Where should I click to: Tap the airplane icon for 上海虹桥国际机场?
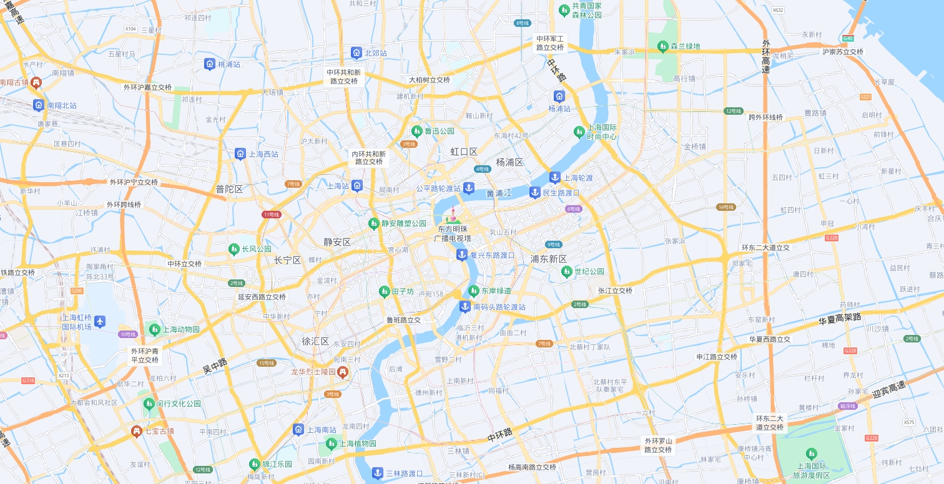[100, 321]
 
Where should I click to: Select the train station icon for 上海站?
[356, 185]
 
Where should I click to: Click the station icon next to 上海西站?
[240, 154]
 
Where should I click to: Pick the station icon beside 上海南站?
[298, 429]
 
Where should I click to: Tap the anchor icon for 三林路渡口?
[377, 473]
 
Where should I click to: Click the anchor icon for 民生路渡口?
[534, 192]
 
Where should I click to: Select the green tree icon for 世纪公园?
[566, 271]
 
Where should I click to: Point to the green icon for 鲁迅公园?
[416, 131]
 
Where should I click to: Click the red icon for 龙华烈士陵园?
[343, 372]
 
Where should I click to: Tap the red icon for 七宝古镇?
[136, 431]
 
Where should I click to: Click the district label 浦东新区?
[548, 259]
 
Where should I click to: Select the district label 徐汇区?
[315, 341]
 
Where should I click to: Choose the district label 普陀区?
[229, 189]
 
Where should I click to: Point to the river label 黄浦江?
[499, 193]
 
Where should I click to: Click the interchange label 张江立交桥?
[615, 291]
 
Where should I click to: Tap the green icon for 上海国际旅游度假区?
[812, 453]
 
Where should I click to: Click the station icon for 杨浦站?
[559, 96]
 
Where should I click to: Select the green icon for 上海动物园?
[154, 329]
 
